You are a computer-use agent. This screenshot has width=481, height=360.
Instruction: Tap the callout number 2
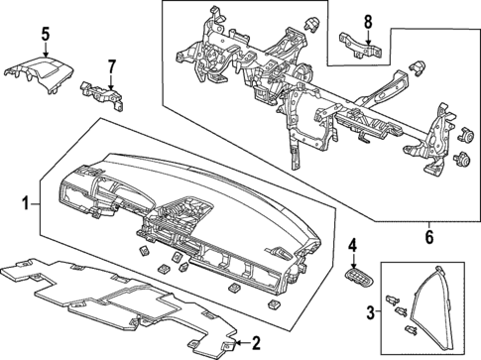tap(256, 343)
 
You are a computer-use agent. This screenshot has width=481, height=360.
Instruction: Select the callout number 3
tap(373, 312)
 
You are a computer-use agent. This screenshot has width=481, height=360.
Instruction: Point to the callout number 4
tap(352, 243)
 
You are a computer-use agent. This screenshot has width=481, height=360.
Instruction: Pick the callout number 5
tap(45, 36)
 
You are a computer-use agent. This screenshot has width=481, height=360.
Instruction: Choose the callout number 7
tap(112, 67)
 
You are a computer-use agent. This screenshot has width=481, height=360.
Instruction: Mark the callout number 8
tap(367, 20)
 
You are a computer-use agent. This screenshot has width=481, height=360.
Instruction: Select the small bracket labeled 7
tap(104, 92)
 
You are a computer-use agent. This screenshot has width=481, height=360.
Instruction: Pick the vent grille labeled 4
tap(355, 275)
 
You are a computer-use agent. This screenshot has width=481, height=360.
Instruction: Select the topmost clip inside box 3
tap(396, 293)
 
